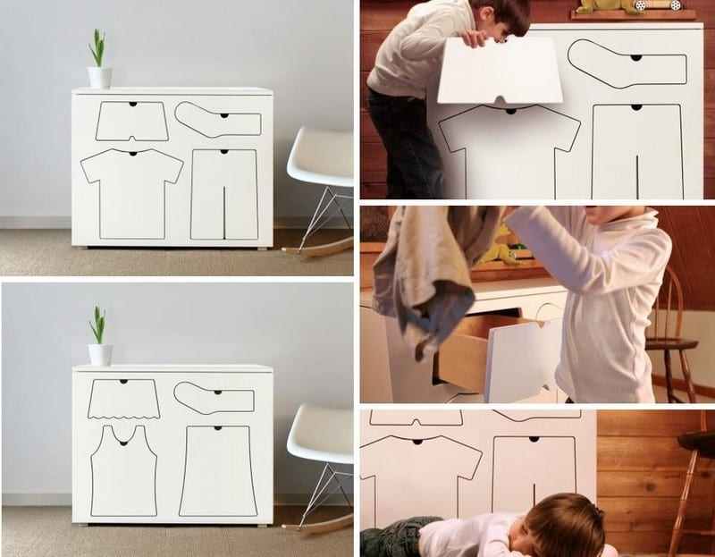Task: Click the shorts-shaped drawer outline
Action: click(132, 122)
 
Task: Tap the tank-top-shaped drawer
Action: click(124, 470)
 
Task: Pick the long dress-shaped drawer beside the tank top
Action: click(218, 471)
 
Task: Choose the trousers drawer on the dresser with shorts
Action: click(224, 193)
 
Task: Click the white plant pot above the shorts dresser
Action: click(99, 78)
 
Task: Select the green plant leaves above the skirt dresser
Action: click(98, 325)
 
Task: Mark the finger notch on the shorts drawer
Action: click(131, 104)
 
